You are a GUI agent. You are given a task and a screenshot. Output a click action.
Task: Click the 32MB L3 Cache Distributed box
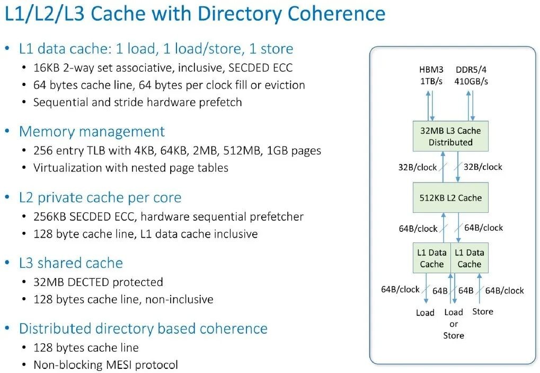click(x=450, y=136)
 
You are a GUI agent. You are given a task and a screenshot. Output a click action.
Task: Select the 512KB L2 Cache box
click(x=450, y=198)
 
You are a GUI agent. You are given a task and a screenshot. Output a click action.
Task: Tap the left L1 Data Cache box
click(x=431, y=258)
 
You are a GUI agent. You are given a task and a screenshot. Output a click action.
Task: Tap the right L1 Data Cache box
click(x=469, y=258)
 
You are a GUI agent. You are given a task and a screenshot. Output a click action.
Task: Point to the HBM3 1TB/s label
click(x=431, y=76)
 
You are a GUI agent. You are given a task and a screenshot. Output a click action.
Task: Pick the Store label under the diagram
click(x=482, y=311)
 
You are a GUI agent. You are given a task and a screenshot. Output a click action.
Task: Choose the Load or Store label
click(x=454, y=324)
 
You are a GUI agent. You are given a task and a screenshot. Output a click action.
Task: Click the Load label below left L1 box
click(x=425, y=313)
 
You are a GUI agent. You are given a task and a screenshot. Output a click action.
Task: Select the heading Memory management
click(x=92, y=132)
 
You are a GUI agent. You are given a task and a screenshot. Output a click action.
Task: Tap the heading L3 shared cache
click(x=70, y=263)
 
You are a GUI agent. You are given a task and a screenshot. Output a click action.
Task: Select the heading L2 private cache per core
click(x=100, y=198)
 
